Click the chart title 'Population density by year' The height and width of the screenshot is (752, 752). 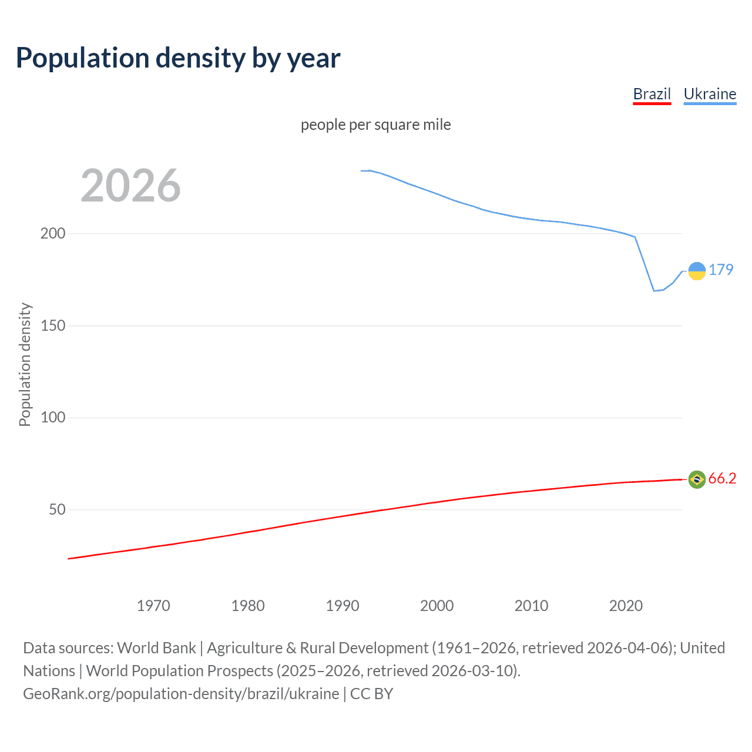(x=178, y=58)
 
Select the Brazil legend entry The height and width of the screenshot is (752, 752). (x=652, y=94)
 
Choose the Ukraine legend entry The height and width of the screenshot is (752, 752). (x=710, y=94)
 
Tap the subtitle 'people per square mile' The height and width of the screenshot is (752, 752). (x=375, y=125)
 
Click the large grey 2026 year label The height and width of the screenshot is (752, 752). (x=130, y=186)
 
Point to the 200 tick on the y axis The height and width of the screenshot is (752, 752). (x=53, y=233)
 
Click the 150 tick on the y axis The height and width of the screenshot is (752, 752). (x=53, y=325)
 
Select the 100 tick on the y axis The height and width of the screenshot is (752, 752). (x=53, y=418)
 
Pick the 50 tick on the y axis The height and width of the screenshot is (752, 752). (x=57, y=509)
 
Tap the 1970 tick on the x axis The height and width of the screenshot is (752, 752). (x=153, y=606)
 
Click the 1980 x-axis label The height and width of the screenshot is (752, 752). (x=248, y=606)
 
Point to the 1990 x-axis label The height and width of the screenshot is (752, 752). (x=343, y=606)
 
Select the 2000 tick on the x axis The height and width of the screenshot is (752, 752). (x=437, y=606)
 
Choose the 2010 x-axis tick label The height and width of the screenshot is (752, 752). (x=531, y=606)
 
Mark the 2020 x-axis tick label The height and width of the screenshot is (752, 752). (x=626, y=606)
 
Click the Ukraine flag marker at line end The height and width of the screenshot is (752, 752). (x=697, y=271)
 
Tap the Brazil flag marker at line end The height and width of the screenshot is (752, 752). (x=697, y=479)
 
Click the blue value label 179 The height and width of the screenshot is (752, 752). (x=721, y=270)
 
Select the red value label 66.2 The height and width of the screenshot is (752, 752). (x=722, y=478)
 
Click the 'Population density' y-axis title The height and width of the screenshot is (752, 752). (x=25, y=364)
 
